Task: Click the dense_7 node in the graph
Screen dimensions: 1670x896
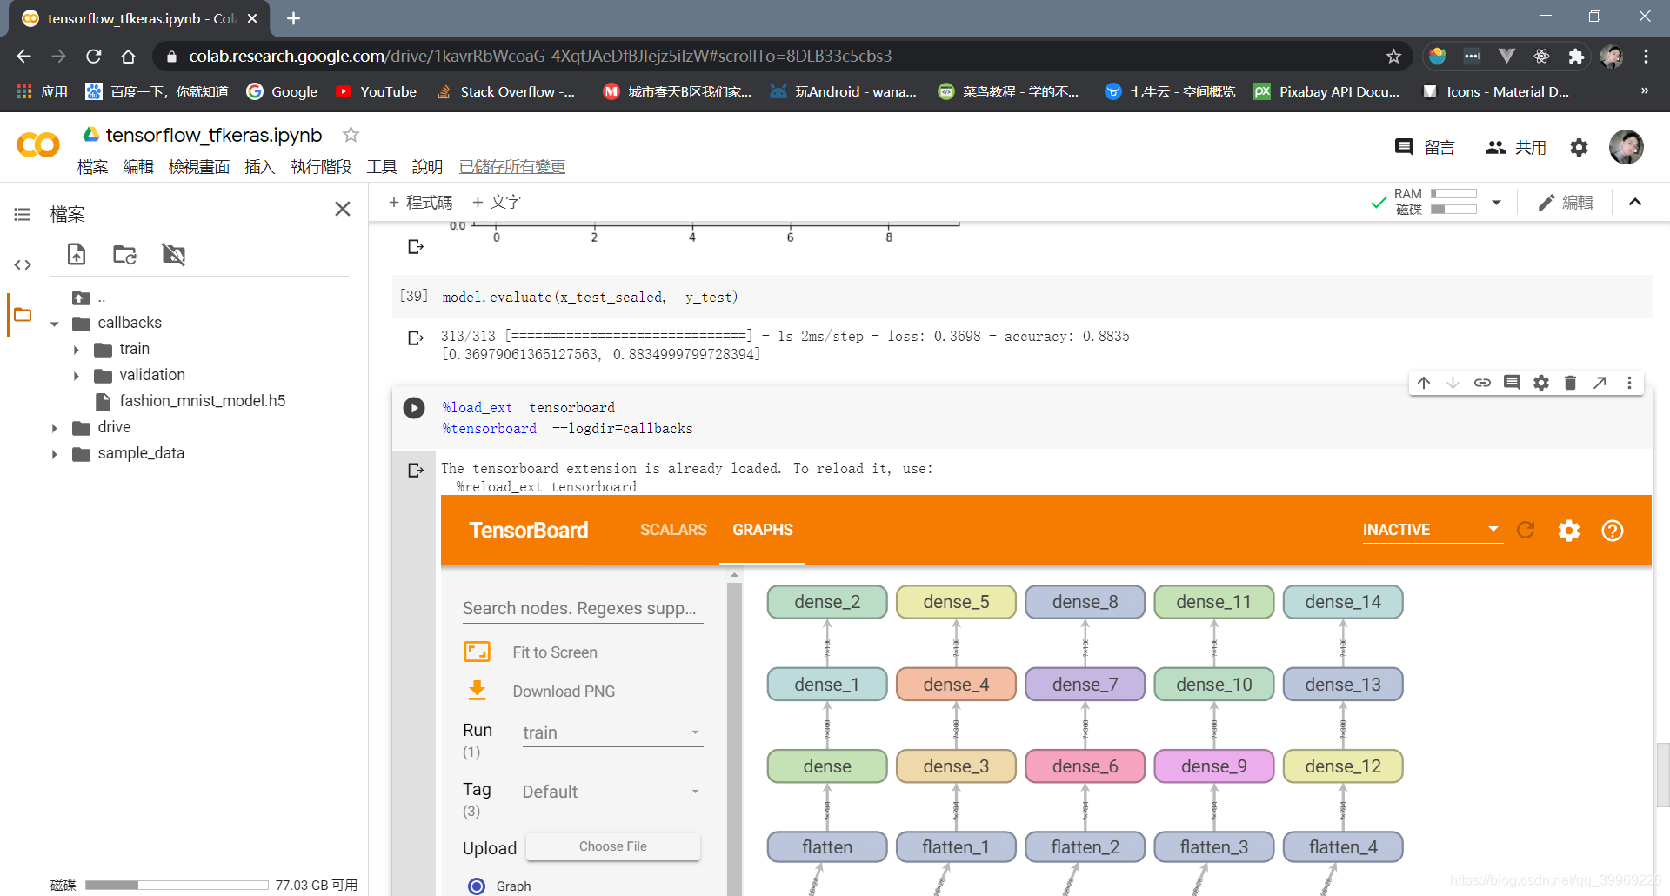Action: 1085,685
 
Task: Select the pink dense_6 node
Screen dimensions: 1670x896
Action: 1085,766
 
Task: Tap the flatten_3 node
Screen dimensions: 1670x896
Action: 1213,847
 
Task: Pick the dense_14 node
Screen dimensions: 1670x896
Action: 1342,602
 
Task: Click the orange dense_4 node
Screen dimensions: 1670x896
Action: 956,685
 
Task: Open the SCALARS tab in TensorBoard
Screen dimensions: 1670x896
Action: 673,530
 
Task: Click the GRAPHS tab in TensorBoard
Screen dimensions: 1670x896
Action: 762,530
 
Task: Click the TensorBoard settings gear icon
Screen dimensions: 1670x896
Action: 1568,531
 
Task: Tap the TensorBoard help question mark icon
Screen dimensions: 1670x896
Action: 1612,531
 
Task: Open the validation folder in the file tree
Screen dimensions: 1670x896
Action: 151,375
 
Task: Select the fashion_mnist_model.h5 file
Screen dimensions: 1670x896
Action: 202,401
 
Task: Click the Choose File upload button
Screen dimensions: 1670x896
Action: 612,846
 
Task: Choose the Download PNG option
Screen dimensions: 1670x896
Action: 563,692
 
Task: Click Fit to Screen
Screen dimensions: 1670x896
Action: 554,652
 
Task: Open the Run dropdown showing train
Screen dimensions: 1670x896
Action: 611,732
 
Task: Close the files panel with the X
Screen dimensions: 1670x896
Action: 343,209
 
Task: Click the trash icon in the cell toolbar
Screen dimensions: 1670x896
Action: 1570,383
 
